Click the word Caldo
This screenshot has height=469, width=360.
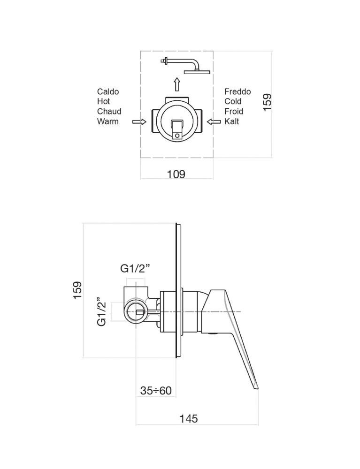[x=108, y=91]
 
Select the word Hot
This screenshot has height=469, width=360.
[x=104, y=101]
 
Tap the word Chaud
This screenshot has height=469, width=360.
[x=109, y=111]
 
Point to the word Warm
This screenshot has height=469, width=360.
[x=108, y=121]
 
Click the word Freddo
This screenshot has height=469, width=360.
[x=237, y=91]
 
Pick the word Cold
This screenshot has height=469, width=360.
[x=233, y=101]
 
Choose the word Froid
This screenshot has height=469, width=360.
[x=234, y=111]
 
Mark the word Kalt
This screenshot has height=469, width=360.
[x=232, y=121]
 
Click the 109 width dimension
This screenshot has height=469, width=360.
[x=176, y=174]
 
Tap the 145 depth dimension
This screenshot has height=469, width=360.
[x=189, y=418]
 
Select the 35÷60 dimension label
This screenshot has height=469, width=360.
[x=156, y=390]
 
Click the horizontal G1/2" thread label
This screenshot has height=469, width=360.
[x=135, y=269]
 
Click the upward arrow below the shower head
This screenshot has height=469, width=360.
[x=177, y=84]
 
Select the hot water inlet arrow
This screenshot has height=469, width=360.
[x=139, y=122]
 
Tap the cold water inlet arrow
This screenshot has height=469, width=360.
[x=214, y=122]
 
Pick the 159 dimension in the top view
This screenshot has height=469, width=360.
[x=267, y=102]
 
